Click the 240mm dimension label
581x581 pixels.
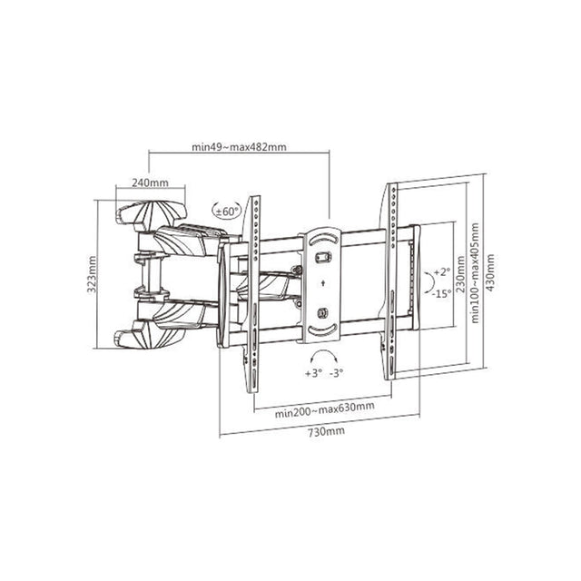(150, 182)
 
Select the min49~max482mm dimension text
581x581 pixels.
(239, 147)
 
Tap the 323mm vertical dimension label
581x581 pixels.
(92, 274)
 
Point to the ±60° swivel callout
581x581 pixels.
(226, 212)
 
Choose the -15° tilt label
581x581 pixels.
(442, 294)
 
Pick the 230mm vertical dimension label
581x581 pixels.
(460, 274)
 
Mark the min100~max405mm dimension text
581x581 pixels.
(475, 273)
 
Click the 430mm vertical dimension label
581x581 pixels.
(490, 272)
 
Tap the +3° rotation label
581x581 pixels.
(313, 373)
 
